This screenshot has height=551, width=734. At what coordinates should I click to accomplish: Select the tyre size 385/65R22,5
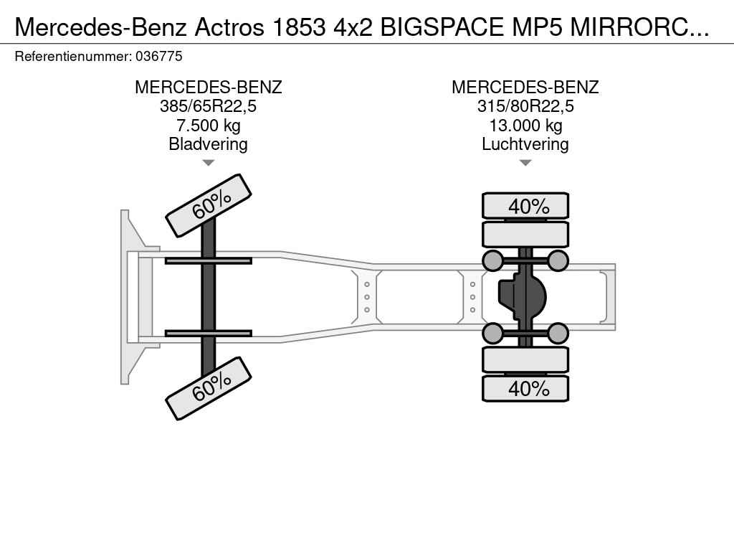click(208, 107)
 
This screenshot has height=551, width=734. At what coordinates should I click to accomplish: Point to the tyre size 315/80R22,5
click(525, 107)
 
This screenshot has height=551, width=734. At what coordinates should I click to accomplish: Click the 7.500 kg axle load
click(208, 126)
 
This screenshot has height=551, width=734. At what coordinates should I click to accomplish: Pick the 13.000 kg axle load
click(525, 126)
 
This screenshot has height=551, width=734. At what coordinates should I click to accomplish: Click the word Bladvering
click(208, 144)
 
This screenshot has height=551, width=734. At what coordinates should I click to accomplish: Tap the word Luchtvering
click(525, 144)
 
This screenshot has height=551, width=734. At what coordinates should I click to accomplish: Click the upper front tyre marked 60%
click(209, 205)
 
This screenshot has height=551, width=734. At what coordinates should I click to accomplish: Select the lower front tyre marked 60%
click(209, 388)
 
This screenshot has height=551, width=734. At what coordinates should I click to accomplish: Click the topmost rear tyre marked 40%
click(525, 206)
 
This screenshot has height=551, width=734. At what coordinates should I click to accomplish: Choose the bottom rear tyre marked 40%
click(525, 389)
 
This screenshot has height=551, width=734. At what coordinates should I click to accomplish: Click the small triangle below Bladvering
click(208, 163)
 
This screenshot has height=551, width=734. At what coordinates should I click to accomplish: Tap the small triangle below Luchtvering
click(525, 163)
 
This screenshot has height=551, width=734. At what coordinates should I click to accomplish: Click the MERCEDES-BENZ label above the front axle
click(208, 88)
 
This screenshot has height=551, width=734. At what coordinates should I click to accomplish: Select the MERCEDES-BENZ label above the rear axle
click(525, 88)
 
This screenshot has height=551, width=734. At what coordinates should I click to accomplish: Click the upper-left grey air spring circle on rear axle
click(492, 260)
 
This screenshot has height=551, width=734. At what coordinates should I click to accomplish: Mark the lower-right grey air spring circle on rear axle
click(558, 333)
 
